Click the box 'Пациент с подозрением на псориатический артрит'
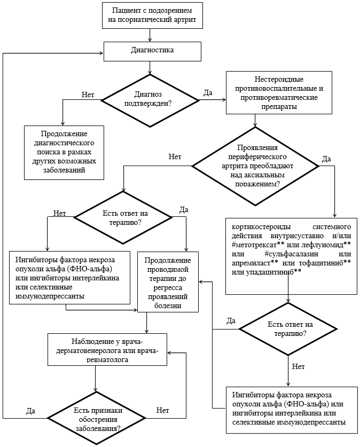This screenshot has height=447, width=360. click(x=153, y=15)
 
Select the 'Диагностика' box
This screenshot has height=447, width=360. click(x=152, y=51)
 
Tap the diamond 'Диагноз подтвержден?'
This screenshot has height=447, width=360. click(x=150, y=100)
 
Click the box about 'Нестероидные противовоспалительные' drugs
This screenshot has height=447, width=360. click(x=279, y=92)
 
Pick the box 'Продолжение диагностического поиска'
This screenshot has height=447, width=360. click(x=64, y=153)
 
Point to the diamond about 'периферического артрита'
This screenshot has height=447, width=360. click(x=255, y=166)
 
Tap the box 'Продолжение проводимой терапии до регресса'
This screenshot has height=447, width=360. click(x=168, y=281)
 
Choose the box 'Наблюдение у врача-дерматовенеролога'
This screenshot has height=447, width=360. click(x=107, y=349)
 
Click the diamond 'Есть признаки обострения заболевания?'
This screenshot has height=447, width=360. click(x=97, y=419)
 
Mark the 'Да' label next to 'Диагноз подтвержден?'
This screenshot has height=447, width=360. click(x=208, y=93)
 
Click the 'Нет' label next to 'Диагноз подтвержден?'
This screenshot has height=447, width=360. click(x=88, y=95)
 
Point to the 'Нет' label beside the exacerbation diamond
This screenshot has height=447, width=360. click(x=163, y=410)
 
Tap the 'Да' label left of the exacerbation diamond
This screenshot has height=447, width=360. click(x=31, y=411)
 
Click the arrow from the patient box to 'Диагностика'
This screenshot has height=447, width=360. click(x=150, y=35)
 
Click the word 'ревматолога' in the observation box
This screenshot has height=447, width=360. click(x=107, y=359)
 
